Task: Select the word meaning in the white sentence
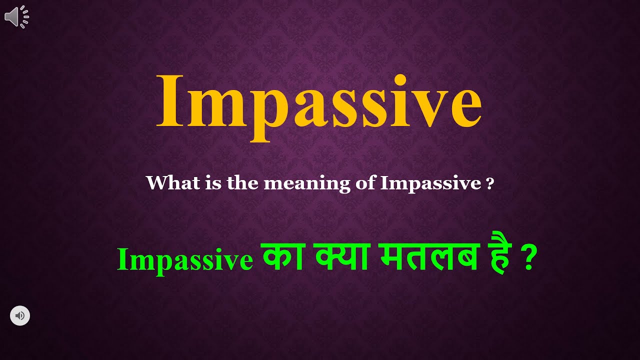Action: (x=306, y=184)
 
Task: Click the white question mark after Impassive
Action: (x=490, y=184)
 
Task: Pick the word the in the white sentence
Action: (x=243, y=183)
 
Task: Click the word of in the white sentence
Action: (x=365, y=183)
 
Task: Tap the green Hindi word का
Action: (x=278, y=258)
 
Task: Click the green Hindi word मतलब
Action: (x=429, y=258)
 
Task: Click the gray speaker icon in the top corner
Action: (x=16, y=16)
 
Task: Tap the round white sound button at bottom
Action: (x=20, y=315)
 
